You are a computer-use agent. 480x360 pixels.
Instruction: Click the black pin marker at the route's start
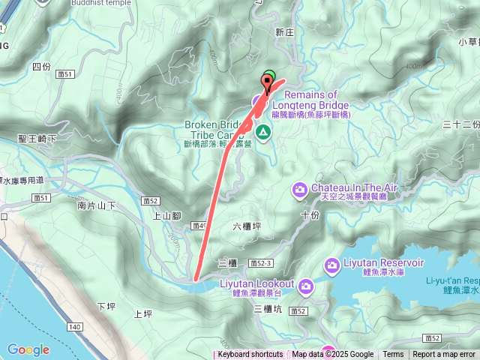(x=267, y=82)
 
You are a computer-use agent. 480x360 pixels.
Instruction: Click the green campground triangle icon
(x=263, y=133)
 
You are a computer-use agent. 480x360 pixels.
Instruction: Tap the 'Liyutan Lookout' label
(x=256, y=284)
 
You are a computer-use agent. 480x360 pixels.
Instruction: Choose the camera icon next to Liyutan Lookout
(x=306, y=286)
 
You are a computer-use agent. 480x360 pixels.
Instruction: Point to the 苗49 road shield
(x=199, y=225)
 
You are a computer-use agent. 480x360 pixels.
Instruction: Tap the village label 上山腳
(x=167, y=216)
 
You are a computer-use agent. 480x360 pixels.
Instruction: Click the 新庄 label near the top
(x=284, y=32)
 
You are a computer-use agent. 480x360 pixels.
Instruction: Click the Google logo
(x=28, y=349)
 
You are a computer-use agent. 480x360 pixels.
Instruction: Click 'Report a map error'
(x=444, y=355)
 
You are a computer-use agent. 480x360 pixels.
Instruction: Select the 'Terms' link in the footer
(x=393, y=355)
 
